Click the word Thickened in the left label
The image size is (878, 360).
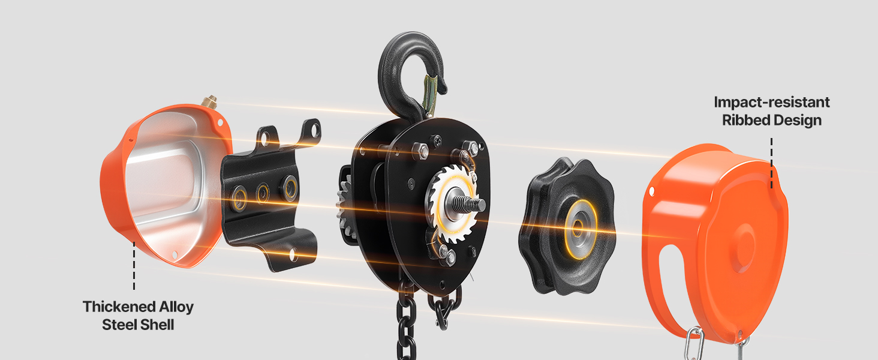119,307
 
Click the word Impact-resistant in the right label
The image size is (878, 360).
771,102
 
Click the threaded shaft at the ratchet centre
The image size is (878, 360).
468,203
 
